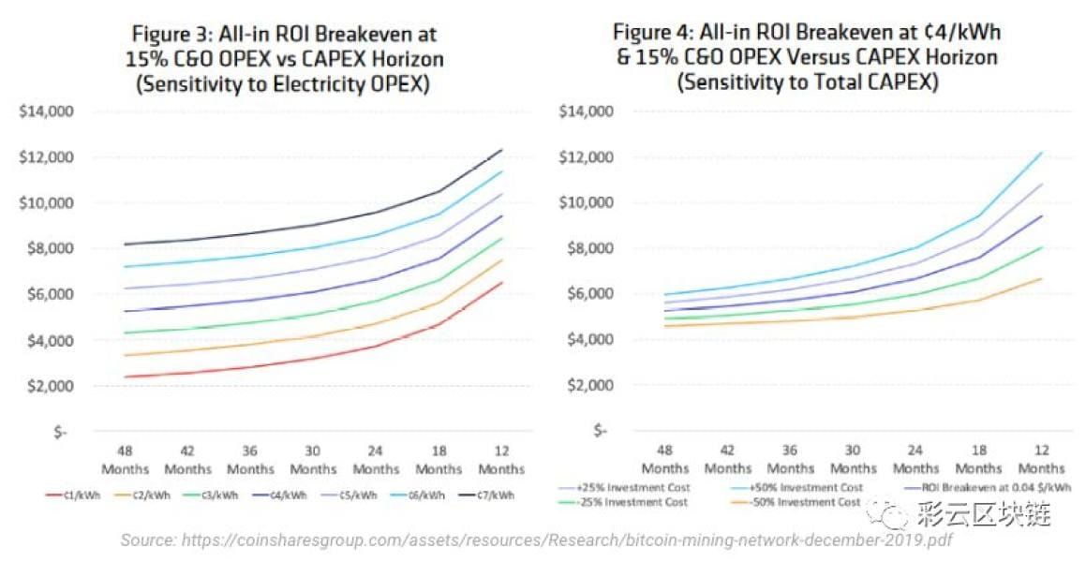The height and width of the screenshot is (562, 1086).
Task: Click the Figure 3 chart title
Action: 284,58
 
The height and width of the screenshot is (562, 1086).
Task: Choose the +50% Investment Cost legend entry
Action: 805,487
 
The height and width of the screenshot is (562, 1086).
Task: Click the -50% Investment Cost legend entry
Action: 805,502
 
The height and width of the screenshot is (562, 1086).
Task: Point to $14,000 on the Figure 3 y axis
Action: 46,111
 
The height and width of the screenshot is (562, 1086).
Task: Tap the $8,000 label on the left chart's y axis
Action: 46,248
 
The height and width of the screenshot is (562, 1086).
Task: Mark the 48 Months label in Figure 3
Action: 125,459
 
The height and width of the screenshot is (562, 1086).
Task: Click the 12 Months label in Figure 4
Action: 1041,459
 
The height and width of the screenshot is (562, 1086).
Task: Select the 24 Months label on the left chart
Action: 376,459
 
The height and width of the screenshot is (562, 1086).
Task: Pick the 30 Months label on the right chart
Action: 854,459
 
